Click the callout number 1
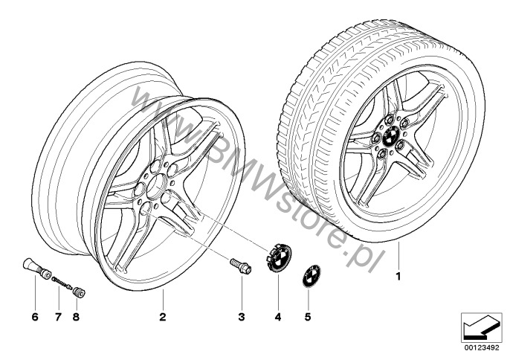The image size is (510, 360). [x=398, y=277]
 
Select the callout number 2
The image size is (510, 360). [x=163, y=317]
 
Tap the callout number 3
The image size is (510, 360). [x=242, y=317]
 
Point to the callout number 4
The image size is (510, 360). [x=278, y=317]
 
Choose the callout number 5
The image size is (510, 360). [x=308, y=317]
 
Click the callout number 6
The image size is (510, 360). [x=35, y=317]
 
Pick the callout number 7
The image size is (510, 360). [x=58, y=317]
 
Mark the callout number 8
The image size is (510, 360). [x=76, y=317]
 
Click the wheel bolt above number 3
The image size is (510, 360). [x=240, y=266]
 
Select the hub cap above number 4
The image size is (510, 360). [x=279, y=258]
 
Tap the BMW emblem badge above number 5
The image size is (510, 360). [x=312, y=276]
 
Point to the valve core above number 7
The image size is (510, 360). [x=62, y=282]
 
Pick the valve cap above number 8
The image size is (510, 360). [x=79, y=292]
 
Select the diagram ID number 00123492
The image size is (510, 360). [x=482, y=348]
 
